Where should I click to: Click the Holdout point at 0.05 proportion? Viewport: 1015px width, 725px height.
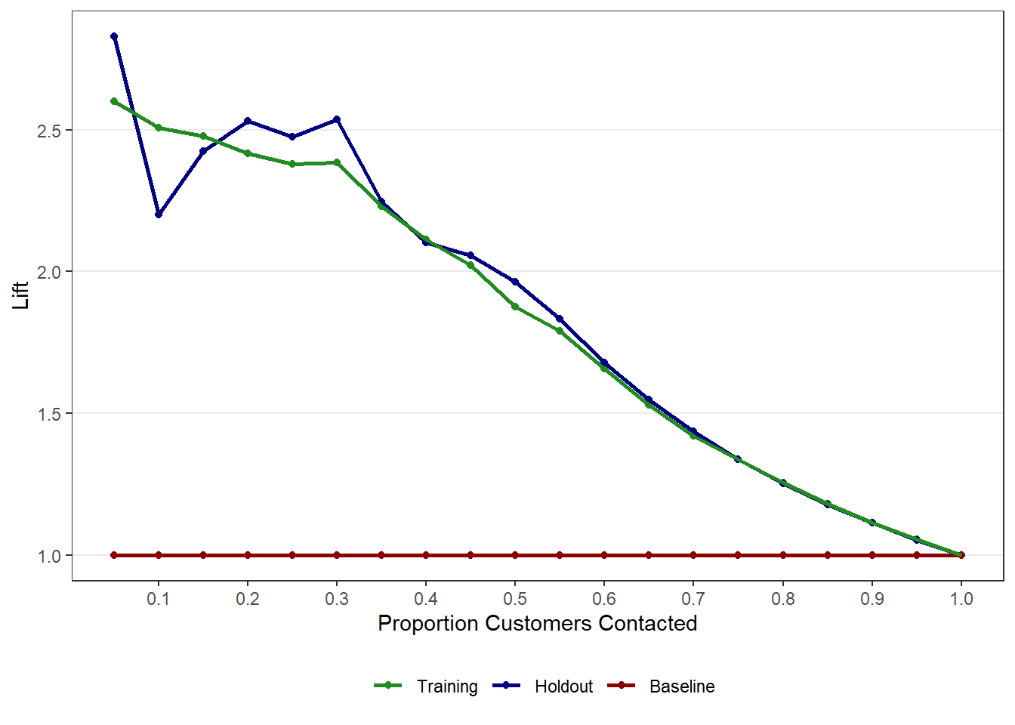tap(114, 36)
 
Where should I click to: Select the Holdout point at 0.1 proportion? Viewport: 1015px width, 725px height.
tap(159, 214)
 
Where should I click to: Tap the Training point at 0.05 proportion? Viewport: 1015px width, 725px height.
tap(114, 101)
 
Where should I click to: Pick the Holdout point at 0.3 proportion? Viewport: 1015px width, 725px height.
tap(337, 120)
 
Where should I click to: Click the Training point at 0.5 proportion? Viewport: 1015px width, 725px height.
tap(515, 307)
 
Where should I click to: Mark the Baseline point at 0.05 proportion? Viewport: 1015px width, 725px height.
tap(114, 555)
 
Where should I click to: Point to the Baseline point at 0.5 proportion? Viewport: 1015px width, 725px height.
tap(515, 555)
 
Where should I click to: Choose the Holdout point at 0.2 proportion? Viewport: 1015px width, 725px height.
tap(248, 121)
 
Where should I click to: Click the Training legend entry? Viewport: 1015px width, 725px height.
tap(446, 686)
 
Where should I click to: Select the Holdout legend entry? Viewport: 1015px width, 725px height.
tap(563, 686)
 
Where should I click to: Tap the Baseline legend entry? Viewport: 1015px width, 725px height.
tap(681, 686)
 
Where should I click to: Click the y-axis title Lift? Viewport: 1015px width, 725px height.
tap(20, 295)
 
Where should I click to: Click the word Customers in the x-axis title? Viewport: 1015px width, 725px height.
tap(538, 624)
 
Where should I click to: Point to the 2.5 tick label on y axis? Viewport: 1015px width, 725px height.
tap(49, 131)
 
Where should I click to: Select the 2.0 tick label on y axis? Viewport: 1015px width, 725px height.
tap(49, 272)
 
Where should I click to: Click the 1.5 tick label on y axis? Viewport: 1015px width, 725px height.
tap(49, 414)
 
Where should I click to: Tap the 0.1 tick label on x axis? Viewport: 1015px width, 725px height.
tap(159, 600)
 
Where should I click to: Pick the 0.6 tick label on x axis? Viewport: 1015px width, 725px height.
tap(604, 600)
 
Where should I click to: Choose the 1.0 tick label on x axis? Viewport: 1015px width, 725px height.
tap(961, 600)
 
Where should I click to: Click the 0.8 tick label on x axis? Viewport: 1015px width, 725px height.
tap(783, 600)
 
